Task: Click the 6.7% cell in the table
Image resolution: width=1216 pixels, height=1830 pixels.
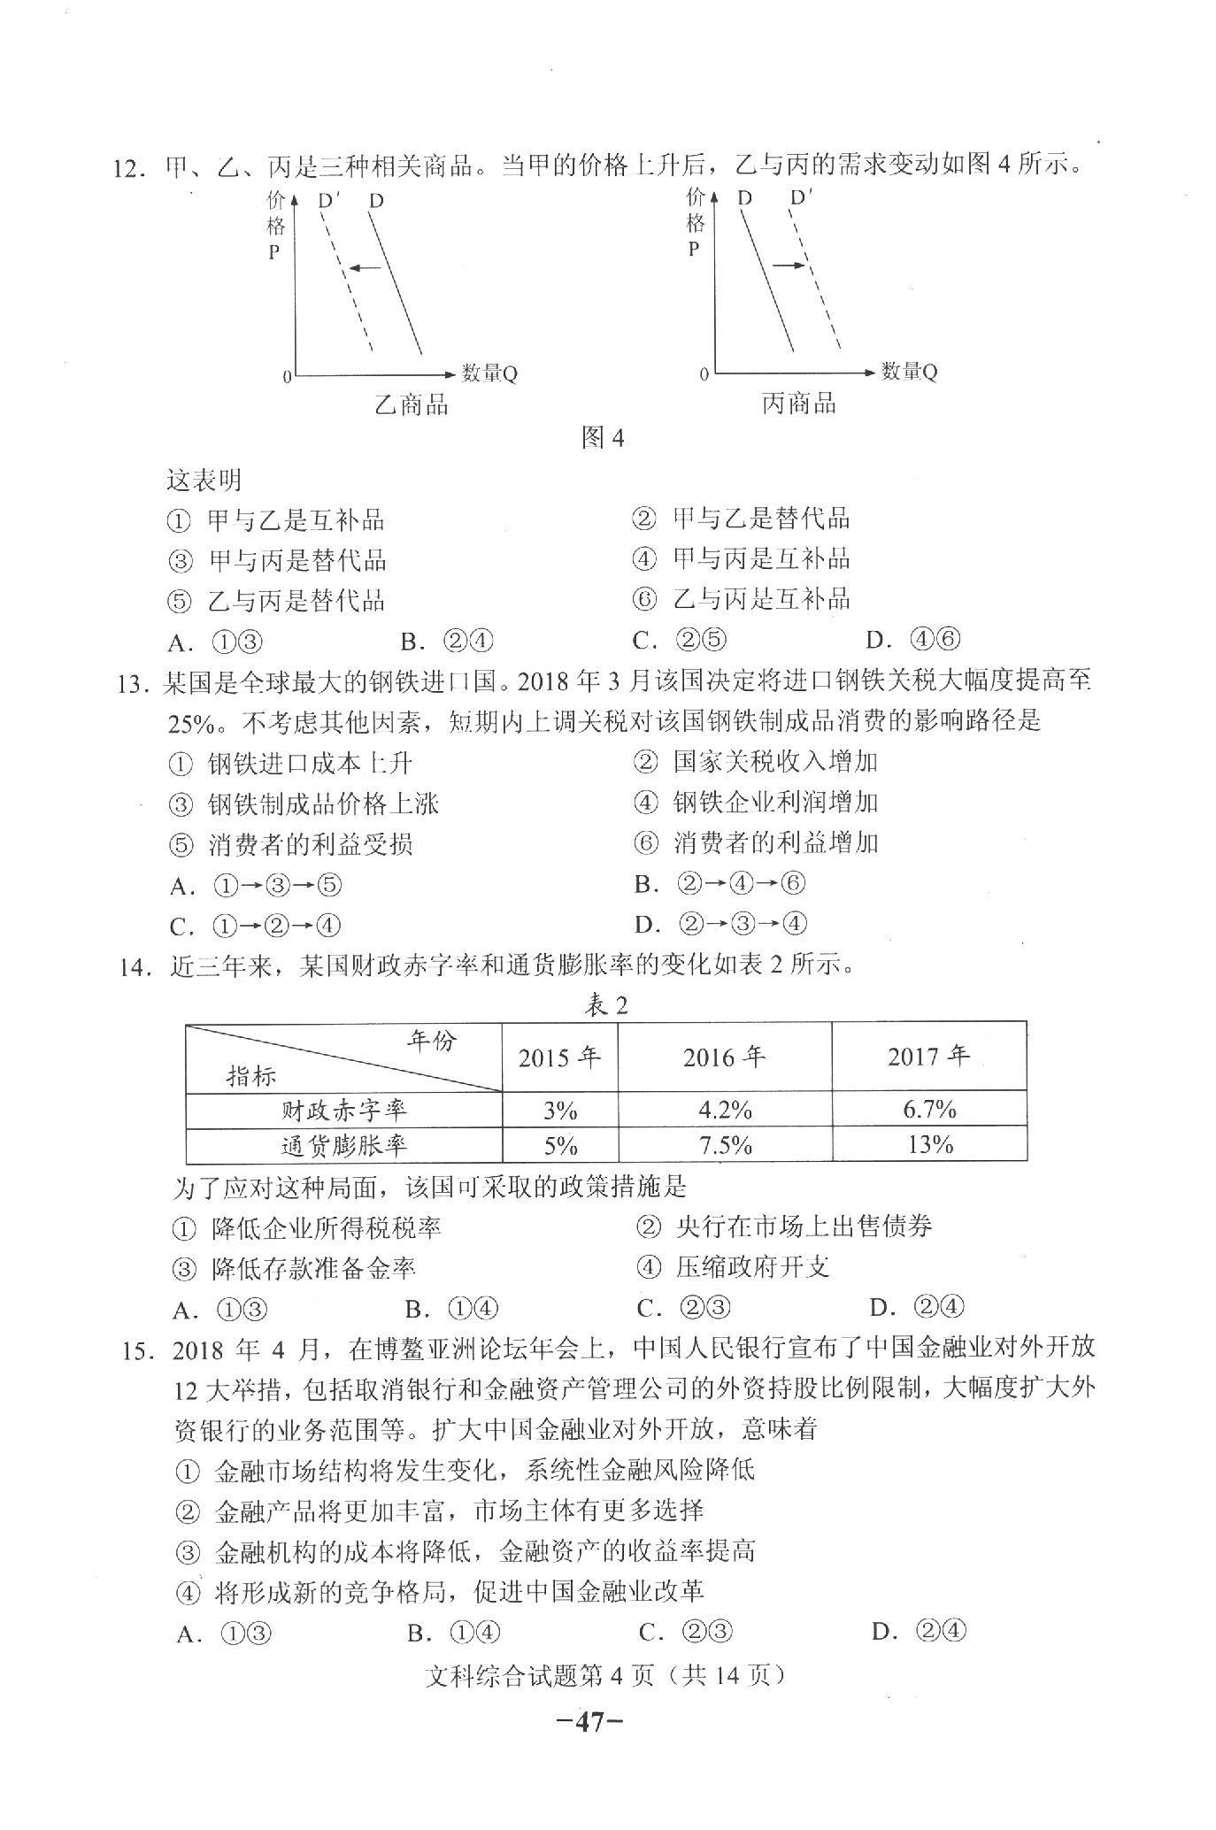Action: pyautogui.click(x=929, y=1108)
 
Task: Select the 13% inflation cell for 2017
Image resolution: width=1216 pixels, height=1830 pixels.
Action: pyautogui.click(x=929, y=1144)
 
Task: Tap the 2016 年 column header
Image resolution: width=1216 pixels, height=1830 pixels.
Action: pyautogui.click(x=724, y=1057)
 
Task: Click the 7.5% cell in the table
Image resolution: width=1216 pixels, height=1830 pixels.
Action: pyautogui.click(x=725, y=1145)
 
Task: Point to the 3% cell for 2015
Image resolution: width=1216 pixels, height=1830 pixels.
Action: pyautogui.click(x=560, y=1110)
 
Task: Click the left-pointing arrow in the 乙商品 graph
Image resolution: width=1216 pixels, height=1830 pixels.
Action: pyautogui.click(x=364, y=267)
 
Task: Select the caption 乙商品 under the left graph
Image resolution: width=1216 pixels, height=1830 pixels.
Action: pyautogui.click(x=412, y=404)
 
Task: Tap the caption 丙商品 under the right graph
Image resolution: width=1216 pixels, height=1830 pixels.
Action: pyautogui.click(x=798, y=404)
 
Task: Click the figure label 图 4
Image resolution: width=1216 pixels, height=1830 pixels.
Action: pyautogui.click(x=604, y=437)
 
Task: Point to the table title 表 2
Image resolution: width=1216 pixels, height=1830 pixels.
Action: pyautogui.click(x=607, y=1005)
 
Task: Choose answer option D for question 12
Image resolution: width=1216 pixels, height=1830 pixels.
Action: pyautogui.click(x=913, y=639)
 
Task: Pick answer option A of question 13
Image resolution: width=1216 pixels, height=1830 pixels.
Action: pyautogui.click(x=256, y=885)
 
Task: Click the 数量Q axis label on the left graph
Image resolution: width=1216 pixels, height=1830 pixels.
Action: pyautogui.click(x=489, y=373)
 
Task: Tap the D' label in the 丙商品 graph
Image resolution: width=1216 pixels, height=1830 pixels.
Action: pyautogui.click(x=801, y=197)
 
